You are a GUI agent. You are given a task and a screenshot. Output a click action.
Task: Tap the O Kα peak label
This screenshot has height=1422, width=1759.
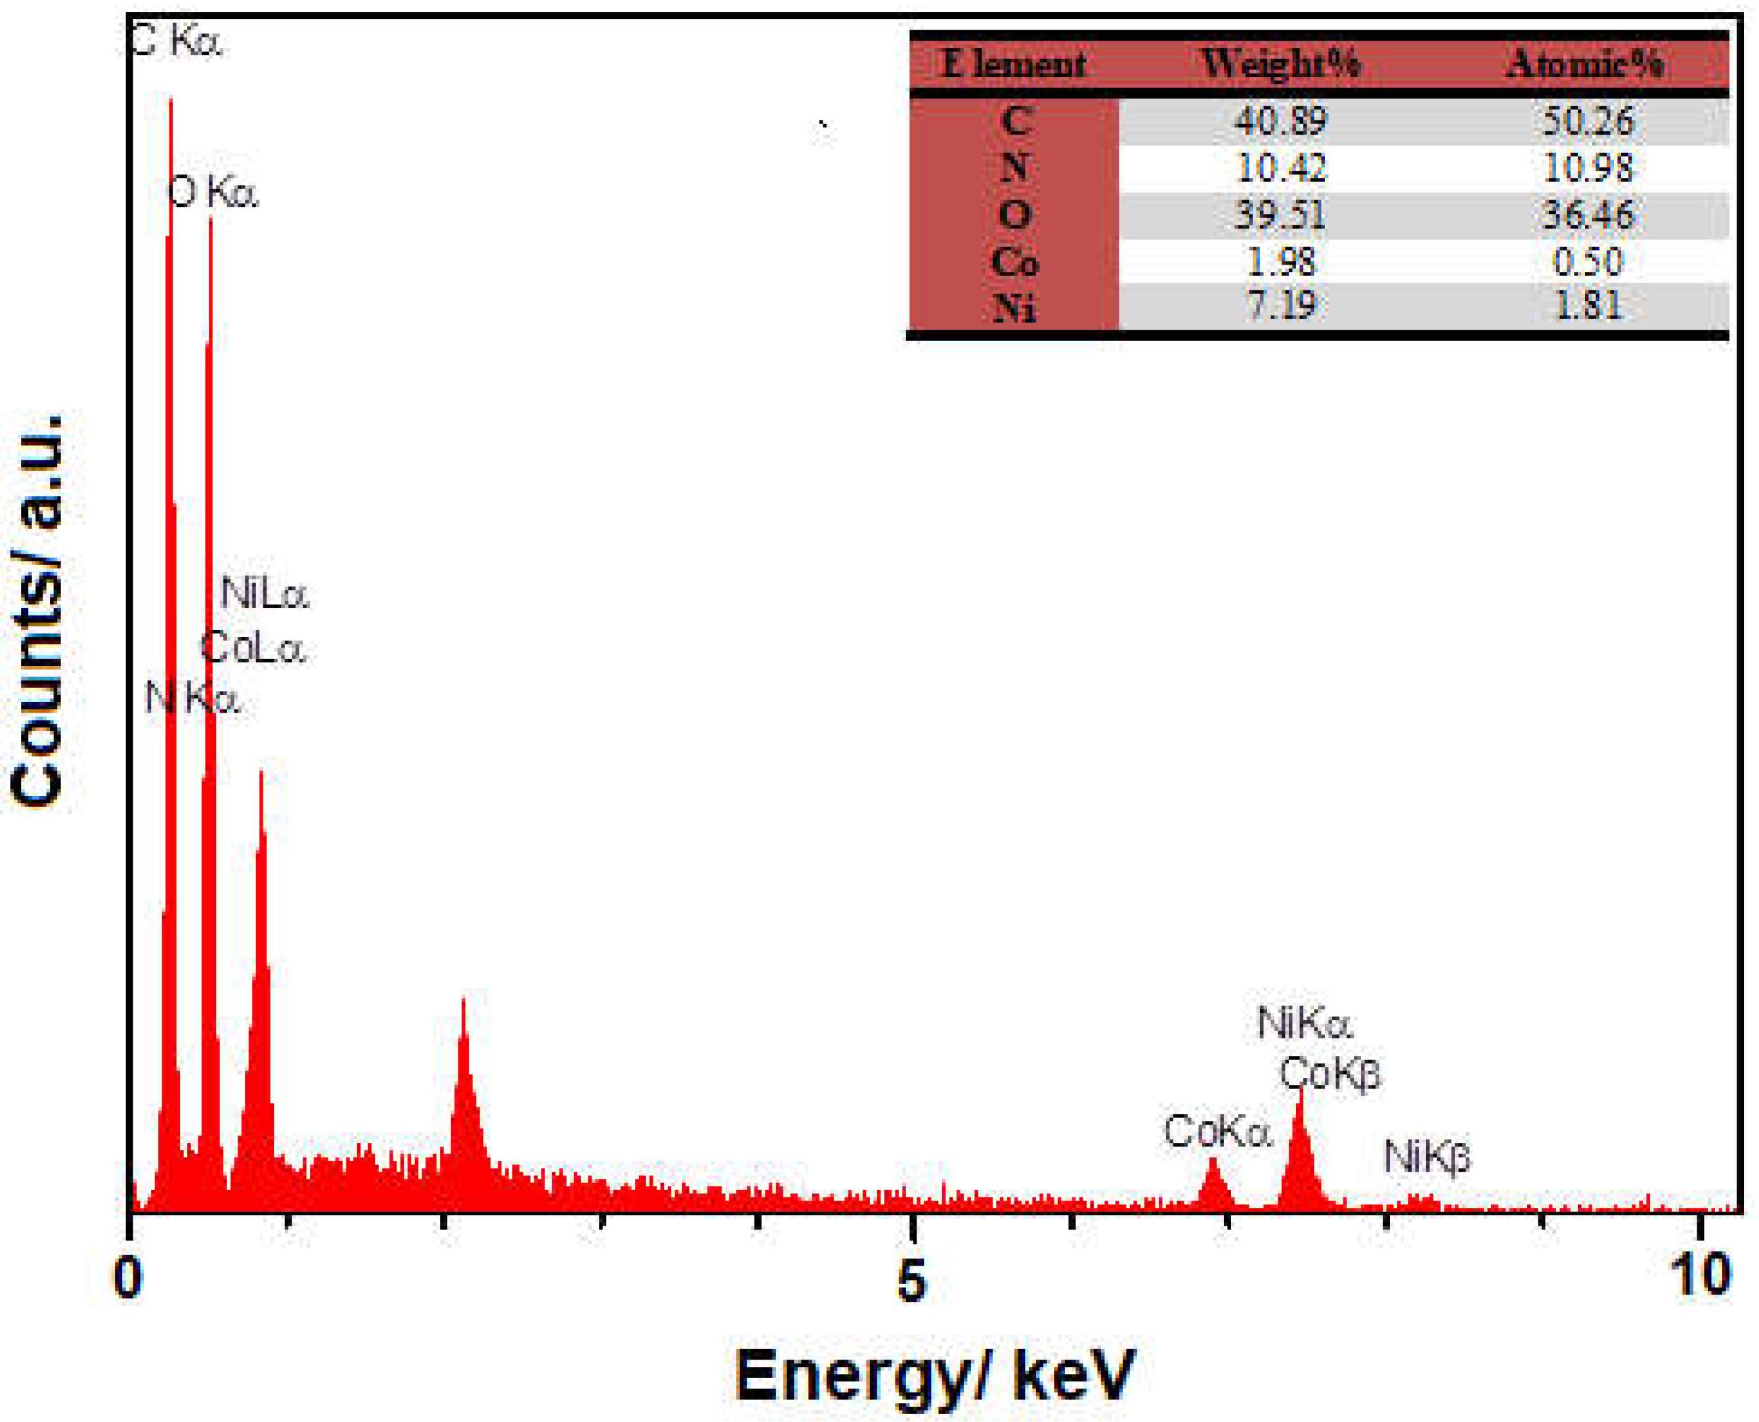213,193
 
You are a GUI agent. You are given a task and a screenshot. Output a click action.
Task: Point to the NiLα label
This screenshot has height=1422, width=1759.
265,594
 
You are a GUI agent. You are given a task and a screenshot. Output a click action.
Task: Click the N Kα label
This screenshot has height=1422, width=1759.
192,699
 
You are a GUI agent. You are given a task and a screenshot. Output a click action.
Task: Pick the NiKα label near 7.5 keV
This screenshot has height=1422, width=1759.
1304,1024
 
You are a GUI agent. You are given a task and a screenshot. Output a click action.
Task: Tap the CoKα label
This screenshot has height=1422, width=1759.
1217,1132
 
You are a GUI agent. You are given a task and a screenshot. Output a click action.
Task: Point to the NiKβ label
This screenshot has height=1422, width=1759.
1427,1157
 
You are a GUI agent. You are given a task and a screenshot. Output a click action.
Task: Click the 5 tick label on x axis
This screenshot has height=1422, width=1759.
911,1279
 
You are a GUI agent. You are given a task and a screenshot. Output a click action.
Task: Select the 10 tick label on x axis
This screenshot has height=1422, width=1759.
1702,1276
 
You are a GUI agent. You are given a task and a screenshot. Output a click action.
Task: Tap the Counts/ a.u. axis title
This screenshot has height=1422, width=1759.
37,611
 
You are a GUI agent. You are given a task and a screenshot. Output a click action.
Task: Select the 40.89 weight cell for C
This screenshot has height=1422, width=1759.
1280,122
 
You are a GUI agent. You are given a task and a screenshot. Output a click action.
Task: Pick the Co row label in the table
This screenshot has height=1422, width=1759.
1014,261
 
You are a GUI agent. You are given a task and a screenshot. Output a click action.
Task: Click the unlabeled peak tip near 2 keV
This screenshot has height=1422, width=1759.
464,1001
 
